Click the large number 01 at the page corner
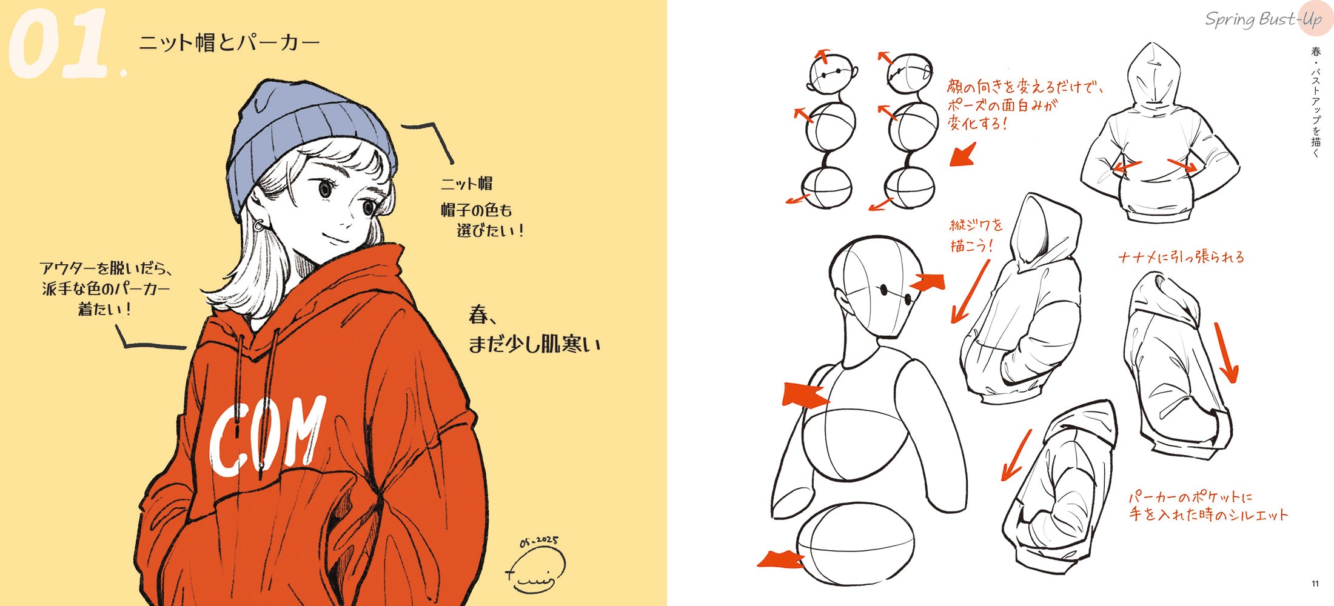click(x=59, y=44)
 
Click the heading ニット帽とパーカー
click(x=229, y=42)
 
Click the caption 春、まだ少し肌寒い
click(x=534, y=329)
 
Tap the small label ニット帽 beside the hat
click(x=466, y=183)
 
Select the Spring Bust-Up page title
click(x=1263, y=19)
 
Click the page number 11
click(x=1315, y=584)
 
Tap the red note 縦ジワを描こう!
click(x=976, y=235)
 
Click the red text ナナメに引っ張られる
click(x=1181, y=257)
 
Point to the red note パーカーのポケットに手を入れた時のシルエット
click(x=1207, y=506)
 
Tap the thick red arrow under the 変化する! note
click(x=963, y=155)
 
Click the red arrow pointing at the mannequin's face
click(x=928, y=282)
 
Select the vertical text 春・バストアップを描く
click(x=1315, y=102)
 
